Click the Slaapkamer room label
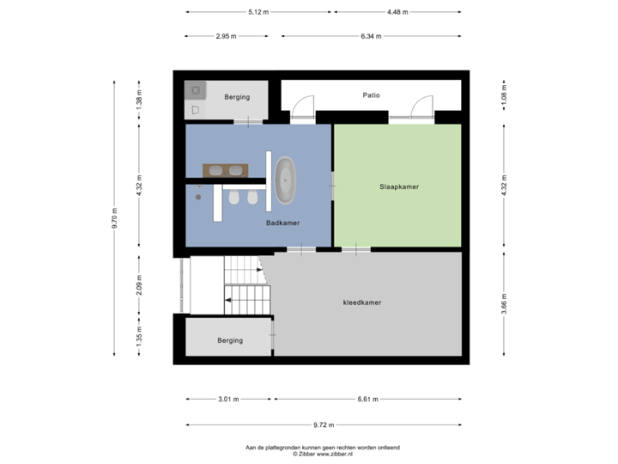[399, 186]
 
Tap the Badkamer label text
[282, 222]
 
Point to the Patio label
[371, 96]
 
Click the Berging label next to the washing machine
[237, 97]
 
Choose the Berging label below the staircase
[230, 340]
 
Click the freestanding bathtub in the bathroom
[286, 180]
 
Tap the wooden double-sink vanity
[225, 169]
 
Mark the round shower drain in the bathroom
[198, 197]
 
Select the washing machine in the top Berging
[195, 89]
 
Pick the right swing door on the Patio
[421, 107]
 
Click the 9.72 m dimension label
[324, 424]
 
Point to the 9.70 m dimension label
[115, 218]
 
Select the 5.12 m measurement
[258, 13]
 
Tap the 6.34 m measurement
[372, 36]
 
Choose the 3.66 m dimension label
[504, 303]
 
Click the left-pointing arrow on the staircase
[228, 299]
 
